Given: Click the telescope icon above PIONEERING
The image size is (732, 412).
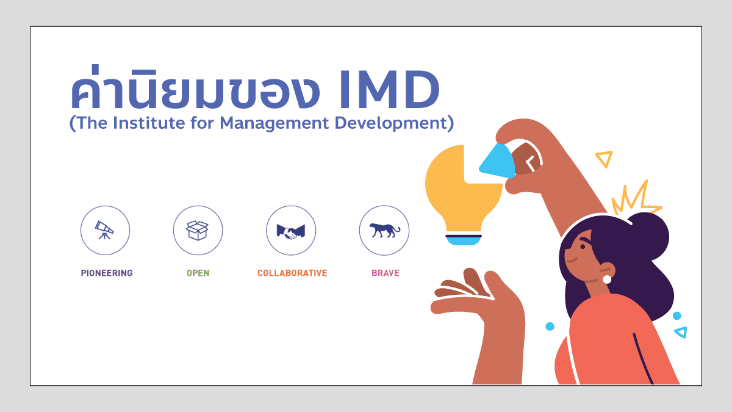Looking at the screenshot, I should pos(105,230).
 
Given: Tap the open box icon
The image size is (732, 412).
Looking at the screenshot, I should pos(198,230).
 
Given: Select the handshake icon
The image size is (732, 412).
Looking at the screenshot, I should pos(290,231).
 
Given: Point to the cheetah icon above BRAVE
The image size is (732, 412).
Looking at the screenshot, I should pos(384,230).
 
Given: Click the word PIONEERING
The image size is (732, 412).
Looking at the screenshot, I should pos(107,273).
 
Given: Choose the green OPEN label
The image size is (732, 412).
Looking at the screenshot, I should pos(198,273).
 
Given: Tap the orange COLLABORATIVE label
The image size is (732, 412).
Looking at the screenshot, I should pos(292,273).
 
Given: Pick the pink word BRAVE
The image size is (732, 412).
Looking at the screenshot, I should pos(386,273).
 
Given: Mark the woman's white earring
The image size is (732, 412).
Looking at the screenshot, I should pos(607,280).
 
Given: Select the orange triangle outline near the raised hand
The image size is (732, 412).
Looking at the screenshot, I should pos(604,159).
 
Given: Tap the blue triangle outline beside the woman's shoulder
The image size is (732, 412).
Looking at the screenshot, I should pos(681,332).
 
